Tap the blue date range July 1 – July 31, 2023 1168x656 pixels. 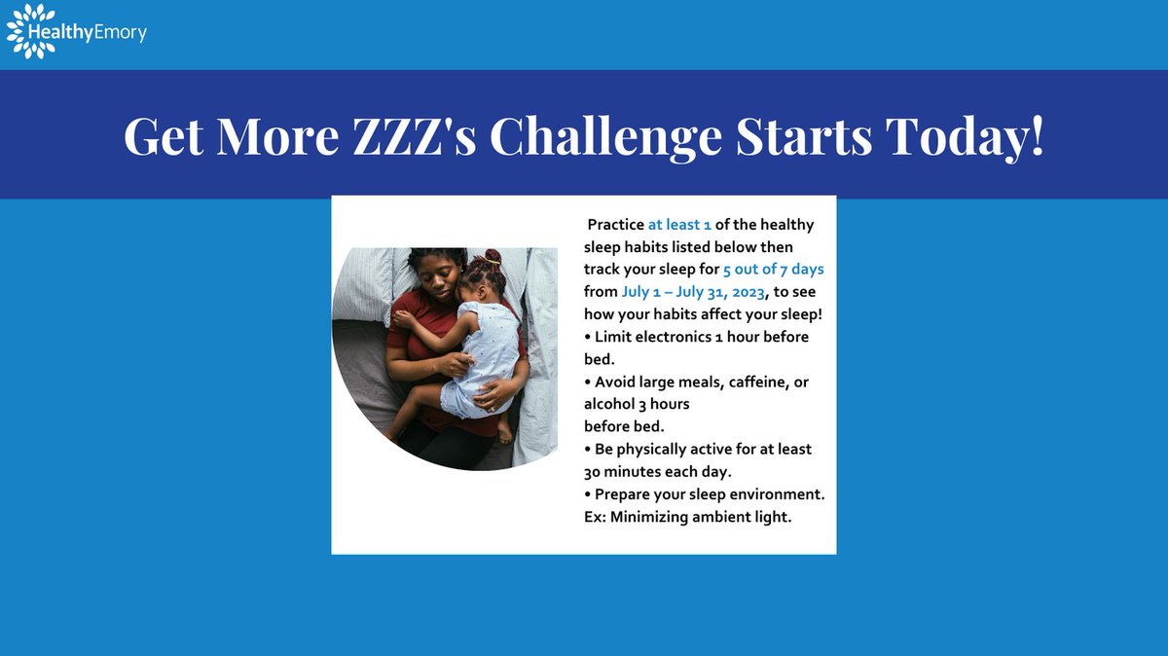(x=694, y=291)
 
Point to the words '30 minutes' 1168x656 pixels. (x=622, y=471)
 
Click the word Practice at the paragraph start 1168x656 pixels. (x=616, y=225)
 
